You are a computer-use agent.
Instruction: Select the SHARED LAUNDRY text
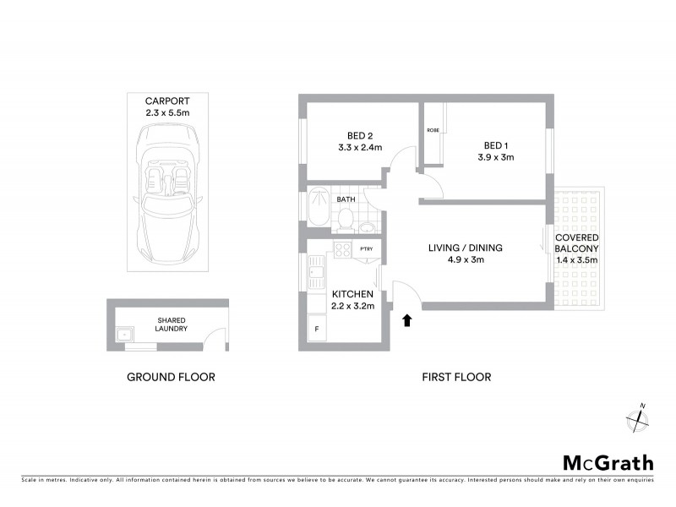tap(172, 324)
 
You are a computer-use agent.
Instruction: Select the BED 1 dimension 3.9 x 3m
tap(496, 157)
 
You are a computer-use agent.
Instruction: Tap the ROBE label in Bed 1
tap(433, 129)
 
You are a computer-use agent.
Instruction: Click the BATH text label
tap(346, 199)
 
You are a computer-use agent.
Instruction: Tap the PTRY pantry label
tap(367, 248)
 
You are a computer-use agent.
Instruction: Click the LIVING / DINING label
tap(465, 248)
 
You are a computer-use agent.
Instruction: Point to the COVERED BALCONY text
tap(576, 243)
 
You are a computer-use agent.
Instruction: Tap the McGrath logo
tap(608, 462)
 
